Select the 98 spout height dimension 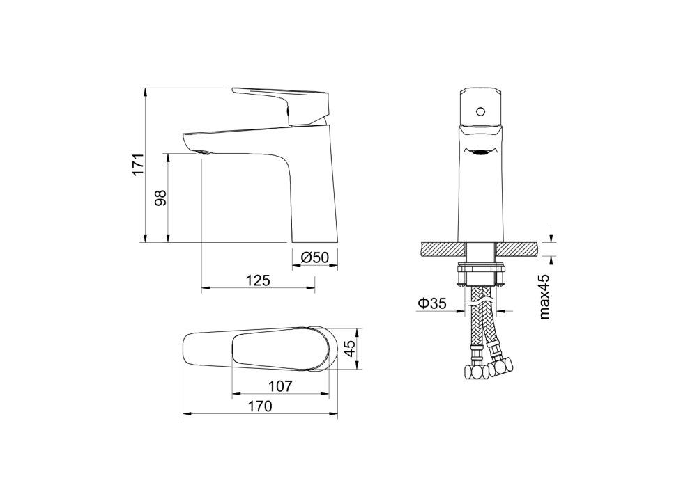coord(160,198)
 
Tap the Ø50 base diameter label coord(314,257)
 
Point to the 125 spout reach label coord(259,280)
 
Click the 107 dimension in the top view coord(280,386)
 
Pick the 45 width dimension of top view coord(351,349)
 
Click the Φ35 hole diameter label coord(431,303)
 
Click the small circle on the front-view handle coord(480,111)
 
